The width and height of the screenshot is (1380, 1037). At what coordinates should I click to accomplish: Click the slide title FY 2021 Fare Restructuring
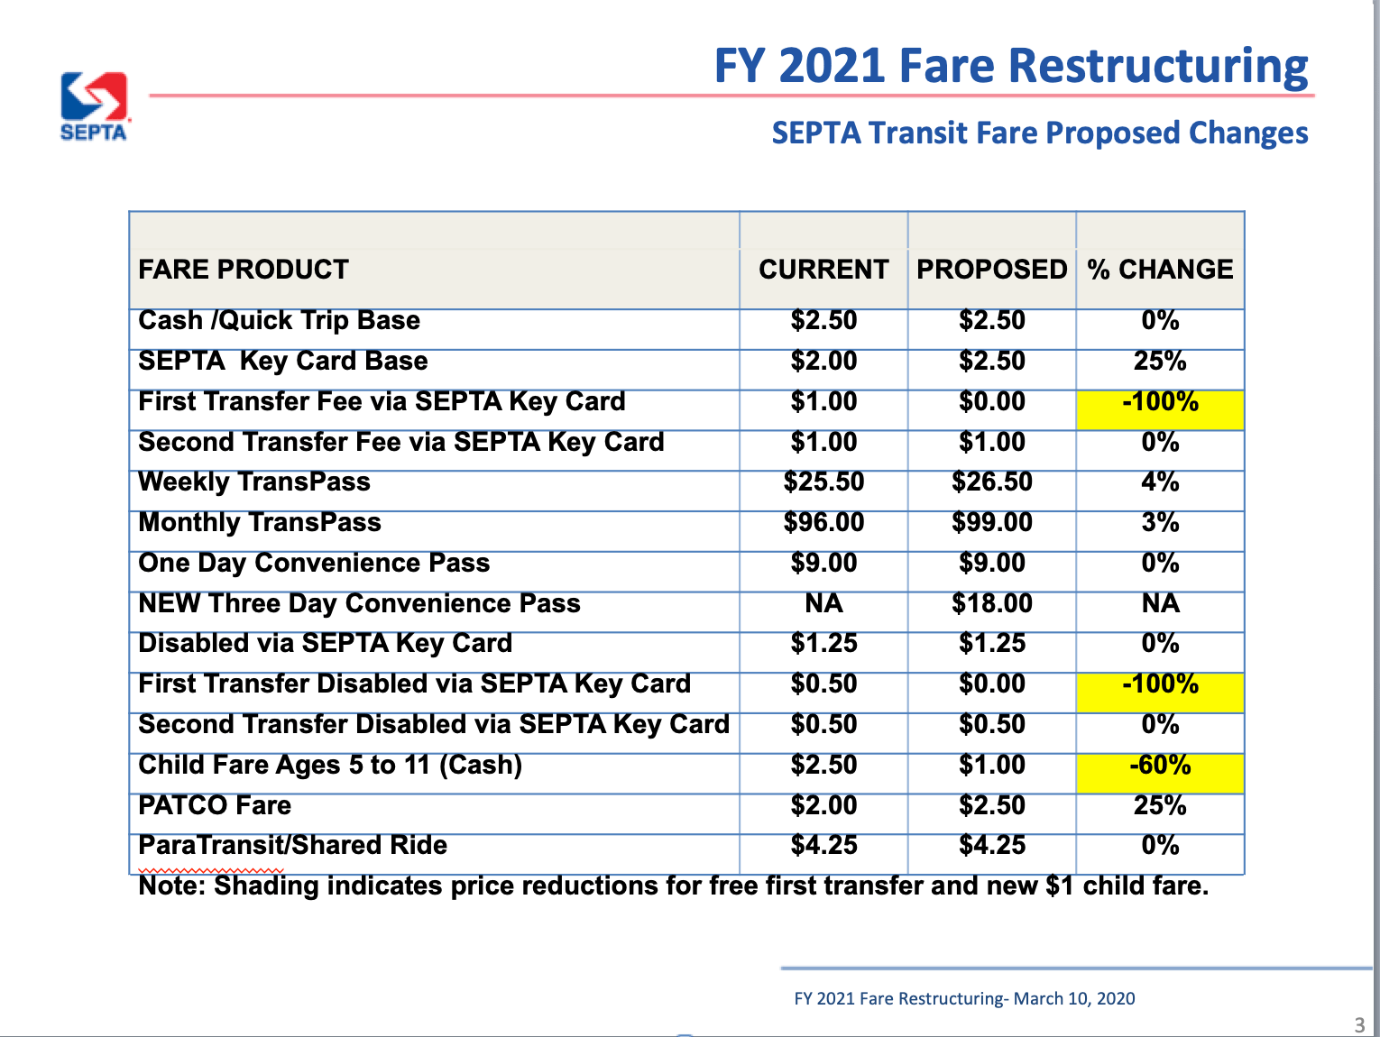point(1010,66)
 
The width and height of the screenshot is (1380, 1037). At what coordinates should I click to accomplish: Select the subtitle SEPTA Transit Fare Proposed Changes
point(1039,133)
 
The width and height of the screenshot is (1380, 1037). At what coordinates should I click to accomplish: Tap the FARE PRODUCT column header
point(244,269)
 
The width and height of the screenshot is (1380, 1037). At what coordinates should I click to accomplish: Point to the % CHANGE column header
point(1160,269)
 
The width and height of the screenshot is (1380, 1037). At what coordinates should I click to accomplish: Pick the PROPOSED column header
point(991,269)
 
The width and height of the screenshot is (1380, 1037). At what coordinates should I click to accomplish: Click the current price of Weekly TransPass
point(823,482)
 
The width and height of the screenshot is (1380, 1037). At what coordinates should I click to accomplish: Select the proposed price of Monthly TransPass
point(991,522)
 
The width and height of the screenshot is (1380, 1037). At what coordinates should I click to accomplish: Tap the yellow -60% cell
point(1160,766)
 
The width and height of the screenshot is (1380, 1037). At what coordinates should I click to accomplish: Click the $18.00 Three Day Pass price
point(991,603)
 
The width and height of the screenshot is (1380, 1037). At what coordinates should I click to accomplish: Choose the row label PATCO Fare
point(215,805)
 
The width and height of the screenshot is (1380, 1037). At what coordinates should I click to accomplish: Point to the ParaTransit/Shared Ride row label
point(292,845)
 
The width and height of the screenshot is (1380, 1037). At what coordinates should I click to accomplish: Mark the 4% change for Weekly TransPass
point(1160,482)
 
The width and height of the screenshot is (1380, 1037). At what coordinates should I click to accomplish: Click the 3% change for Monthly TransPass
point(1160,522)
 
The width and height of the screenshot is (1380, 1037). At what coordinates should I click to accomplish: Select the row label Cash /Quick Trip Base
point(279,320)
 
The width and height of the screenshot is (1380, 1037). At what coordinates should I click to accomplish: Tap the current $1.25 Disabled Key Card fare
point(823,643)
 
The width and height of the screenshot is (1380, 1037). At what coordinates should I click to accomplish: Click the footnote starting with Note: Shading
point(673,886)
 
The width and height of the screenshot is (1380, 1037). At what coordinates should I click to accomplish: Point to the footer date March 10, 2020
point(1073,998)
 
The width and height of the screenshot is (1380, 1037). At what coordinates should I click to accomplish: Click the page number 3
point(1359,1024)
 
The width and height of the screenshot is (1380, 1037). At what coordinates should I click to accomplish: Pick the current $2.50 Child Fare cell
point(823,765)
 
